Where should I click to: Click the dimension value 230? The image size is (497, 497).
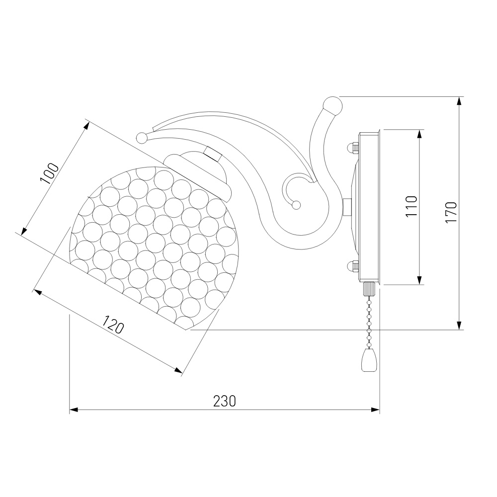click(225, 401)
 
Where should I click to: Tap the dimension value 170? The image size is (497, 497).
click(451, 212)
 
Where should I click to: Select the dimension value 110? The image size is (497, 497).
click(412, 206)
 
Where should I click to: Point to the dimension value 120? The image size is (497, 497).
click(113, 324)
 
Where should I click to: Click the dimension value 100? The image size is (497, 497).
click(49, 173)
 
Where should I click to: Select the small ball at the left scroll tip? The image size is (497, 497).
click(142, 138)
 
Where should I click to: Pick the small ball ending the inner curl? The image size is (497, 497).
click(296, 205)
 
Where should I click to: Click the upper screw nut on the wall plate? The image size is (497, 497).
click(352, 148)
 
